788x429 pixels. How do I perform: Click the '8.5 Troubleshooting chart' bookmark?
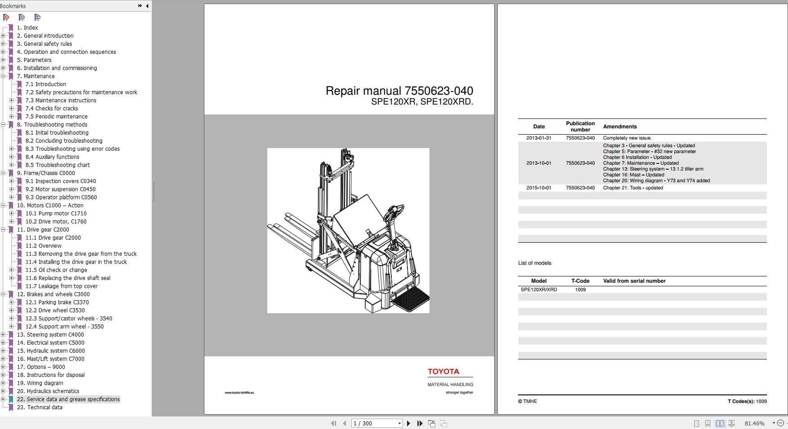coord(58,165)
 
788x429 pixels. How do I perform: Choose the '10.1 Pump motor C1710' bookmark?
coord(56,214)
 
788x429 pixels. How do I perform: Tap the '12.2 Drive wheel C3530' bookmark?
coord(55,311)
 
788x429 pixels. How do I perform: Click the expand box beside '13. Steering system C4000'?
coord(3,335)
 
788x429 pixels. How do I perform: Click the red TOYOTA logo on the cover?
coord(443,372)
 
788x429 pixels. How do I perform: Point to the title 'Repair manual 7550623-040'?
coord(399,91)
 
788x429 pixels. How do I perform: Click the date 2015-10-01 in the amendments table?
coord(539,188)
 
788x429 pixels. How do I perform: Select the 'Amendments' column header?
coord(620,127)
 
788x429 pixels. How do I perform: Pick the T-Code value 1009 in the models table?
coord(580,290)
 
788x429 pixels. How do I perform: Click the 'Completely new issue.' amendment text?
coord(627,138)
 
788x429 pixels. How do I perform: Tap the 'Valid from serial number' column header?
coord(634,281)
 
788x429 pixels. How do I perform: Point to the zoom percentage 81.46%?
coord(754,423)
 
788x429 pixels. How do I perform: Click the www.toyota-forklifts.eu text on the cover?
coord(239,393)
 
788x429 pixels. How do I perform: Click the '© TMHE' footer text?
coord(527,401)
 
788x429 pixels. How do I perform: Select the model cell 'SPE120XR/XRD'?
coord(539,290)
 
